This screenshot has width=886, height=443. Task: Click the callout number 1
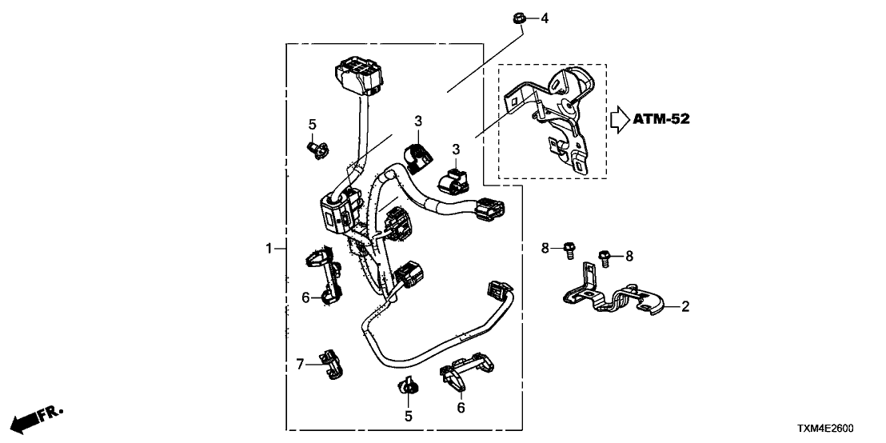point(269,249)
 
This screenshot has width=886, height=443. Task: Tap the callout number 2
point(684,306)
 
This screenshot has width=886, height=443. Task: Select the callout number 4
point(545,18)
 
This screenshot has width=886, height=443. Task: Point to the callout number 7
point(301,365)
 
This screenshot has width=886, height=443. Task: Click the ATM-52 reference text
point(661,120)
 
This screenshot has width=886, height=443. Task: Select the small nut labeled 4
point(518,18)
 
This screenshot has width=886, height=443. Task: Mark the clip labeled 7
point(332,365)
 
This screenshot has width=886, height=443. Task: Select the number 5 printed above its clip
point(313,124)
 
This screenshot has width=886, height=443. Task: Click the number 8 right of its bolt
point(629,256)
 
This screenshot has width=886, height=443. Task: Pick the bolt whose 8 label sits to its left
point(570,249)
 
